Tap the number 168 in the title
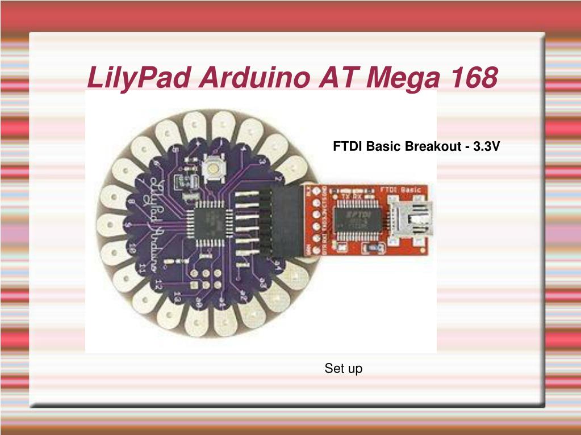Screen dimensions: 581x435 point(471,78)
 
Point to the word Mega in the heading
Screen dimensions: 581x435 point(402,79)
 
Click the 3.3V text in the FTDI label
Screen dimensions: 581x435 point(487,147)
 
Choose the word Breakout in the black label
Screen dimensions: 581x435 point(433,147)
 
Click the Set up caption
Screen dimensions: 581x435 point(343,369)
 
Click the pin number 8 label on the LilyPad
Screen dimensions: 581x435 point(131,202)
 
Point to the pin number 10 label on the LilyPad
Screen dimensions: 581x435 point(131,247)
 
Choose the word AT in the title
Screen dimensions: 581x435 point(337,78)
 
